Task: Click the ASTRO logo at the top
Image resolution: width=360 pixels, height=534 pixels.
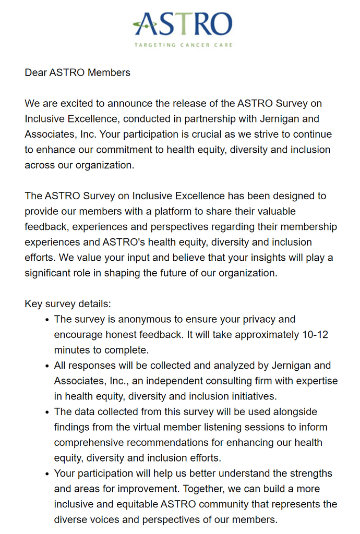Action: pos(183,25)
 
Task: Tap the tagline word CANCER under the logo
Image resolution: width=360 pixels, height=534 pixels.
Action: pos(191,45)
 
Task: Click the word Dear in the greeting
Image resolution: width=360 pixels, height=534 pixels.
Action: pos(35,72)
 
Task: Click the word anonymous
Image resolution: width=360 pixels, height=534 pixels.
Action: pos(141,319)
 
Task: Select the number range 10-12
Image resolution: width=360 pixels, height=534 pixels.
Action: pos(315,334)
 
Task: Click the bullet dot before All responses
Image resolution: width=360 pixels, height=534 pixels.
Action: pos(47,366)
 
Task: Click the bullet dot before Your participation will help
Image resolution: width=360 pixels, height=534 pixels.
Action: pos(47,474)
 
